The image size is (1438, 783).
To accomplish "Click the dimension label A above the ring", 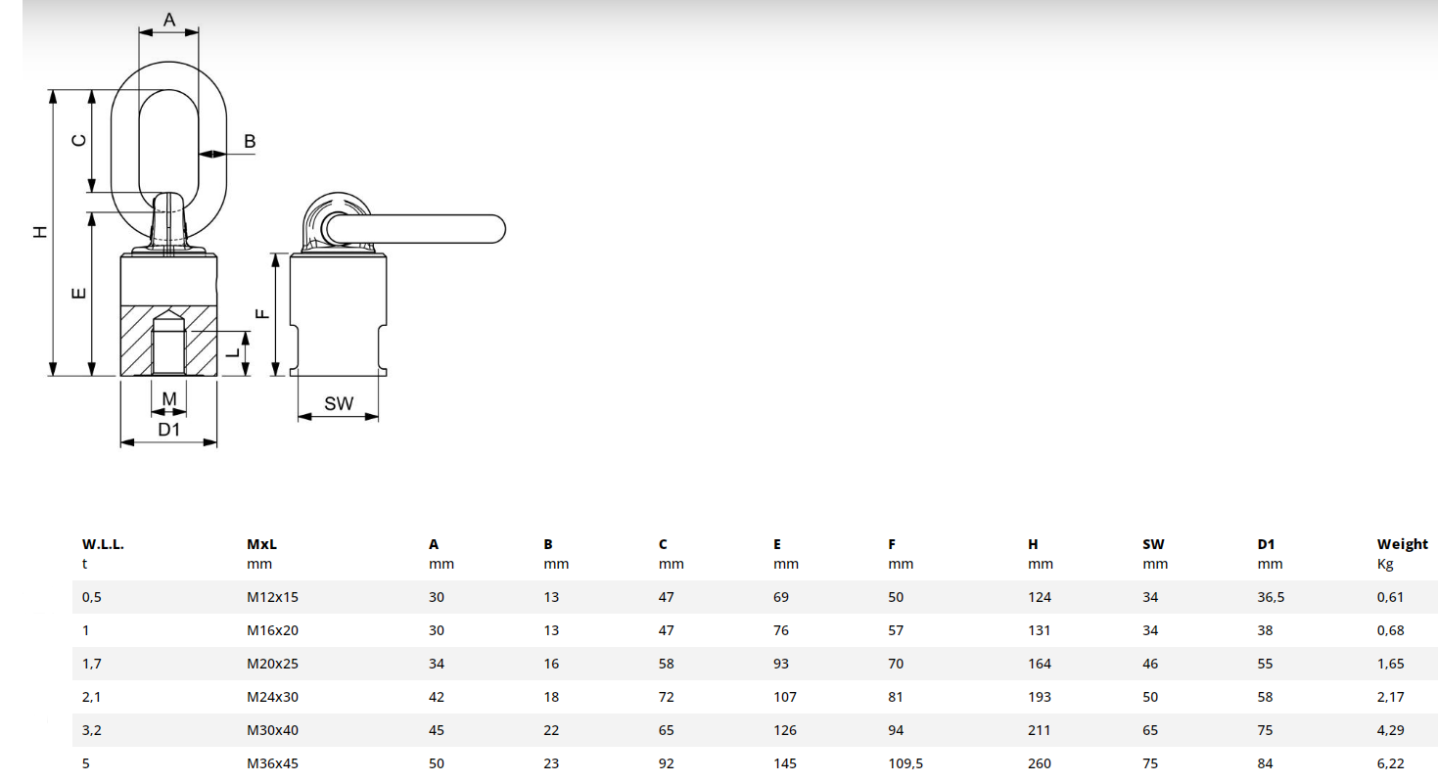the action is (168, 20).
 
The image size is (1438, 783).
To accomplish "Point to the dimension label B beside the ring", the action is (250, 141).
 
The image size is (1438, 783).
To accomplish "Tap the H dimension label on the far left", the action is (40, 232).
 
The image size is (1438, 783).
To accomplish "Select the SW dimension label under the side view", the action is (339, 403).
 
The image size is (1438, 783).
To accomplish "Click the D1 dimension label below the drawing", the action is (168, 430).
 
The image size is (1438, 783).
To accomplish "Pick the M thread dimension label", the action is (168, 399).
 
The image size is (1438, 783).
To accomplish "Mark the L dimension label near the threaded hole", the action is (233, 352).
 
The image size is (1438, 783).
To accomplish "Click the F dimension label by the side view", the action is (262, 314).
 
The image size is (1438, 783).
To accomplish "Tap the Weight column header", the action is (1402, 544).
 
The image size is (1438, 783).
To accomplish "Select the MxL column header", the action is (262, 544).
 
